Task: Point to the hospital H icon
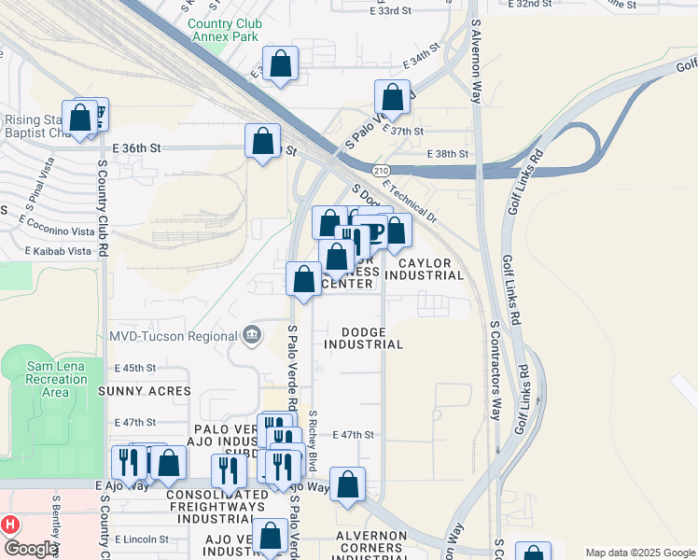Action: pos(10,525)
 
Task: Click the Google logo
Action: pos(31,549)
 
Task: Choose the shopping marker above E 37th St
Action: pos(393,97)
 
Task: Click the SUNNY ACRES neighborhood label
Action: pos(149,392)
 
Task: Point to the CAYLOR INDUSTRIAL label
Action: pos(424,269)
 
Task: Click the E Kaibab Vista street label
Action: pos(55,252)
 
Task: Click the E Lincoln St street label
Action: pos(142,539)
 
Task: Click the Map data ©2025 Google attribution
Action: pos(640,553)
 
